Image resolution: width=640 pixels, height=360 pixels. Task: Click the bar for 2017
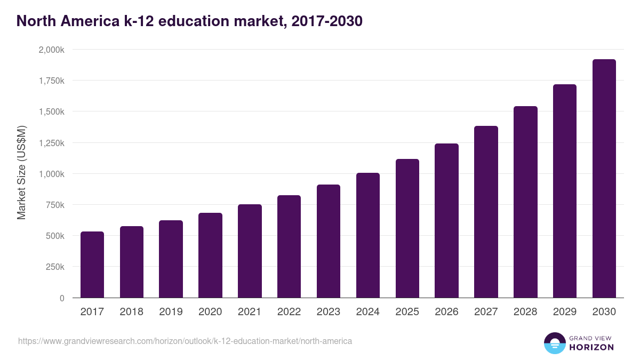coord(92,265)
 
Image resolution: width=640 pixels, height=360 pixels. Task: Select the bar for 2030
coord(604,179)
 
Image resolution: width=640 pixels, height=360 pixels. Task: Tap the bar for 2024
coord(367,235)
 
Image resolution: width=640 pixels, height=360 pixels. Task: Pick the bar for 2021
coord(250,251)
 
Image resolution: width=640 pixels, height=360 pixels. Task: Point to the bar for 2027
coord(486,212)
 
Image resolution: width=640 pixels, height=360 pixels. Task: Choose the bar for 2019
coord(171,259)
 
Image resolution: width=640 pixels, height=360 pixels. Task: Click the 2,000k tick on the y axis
coord(51,50)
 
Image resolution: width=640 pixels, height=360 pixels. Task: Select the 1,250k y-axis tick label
coord(51,143)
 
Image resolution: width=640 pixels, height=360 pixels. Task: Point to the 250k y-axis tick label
coord(55,267)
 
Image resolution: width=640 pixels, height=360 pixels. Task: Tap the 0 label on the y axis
coord(62,298)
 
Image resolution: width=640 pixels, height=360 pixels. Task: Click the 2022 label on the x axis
coord(289,312)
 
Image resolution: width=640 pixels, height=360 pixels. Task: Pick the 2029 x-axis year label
coord(565,312)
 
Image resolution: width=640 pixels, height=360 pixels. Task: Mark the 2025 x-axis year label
coord(407,312)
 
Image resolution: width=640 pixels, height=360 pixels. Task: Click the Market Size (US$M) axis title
coord(21,173)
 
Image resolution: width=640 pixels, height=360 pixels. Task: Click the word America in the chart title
coord(88,21)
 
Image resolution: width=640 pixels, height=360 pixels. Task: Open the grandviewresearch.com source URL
coord(185,341)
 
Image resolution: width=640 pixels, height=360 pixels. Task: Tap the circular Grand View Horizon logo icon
coord(554,343)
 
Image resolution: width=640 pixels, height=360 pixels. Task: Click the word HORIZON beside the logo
coord(591,347)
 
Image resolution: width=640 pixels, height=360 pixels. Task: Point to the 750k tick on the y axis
coord(55,205)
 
